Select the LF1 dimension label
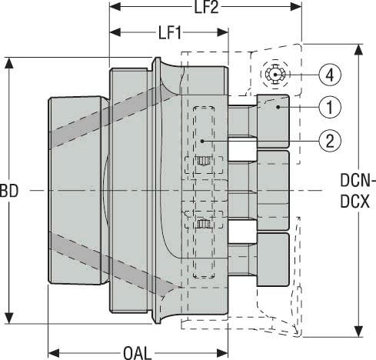coord(169,35)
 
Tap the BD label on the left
coord(9,188)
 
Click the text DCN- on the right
coord(357,182)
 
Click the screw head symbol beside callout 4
coord(274,75)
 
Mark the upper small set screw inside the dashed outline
coord(203,162)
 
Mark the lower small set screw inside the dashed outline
coord(203,224)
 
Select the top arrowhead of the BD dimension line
coord(9,62)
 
